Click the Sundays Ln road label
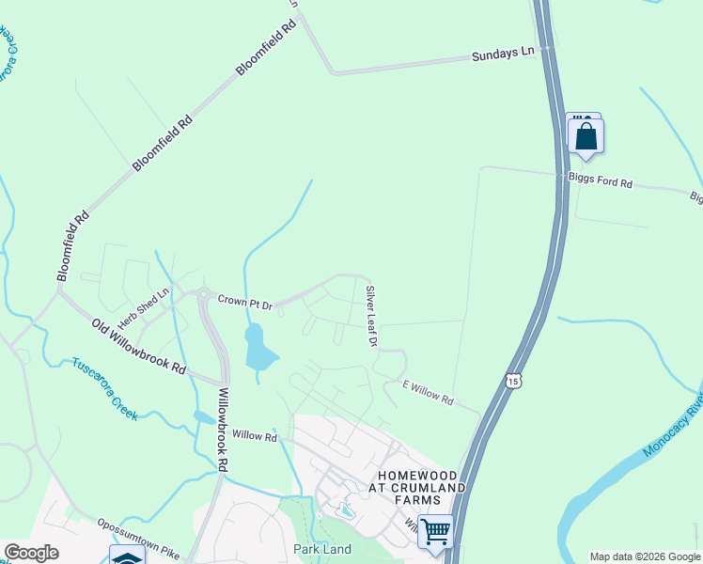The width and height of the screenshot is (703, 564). [502, 56]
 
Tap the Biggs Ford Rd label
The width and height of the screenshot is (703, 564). [601, 180]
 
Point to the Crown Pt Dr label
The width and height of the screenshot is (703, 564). [244, 303]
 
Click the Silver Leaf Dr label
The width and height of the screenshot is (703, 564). [371, 317]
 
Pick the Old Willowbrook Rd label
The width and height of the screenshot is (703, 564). [138, 347]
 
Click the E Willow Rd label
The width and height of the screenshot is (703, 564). [428, 393]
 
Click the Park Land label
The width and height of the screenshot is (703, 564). [322, 549]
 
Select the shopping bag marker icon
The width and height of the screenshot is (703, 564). [586, 136]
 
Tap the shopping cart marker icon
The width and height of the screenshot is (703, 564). [435, 531]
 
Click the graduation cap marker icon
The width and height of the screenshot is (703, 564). [127, 556]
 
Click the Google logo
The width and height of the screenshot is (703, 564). [31, 553]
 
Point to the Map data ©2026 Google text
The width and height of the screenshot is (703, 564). [645, 556]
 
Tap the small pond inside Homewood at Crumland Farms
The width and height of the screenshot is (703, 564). [345, 510]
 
